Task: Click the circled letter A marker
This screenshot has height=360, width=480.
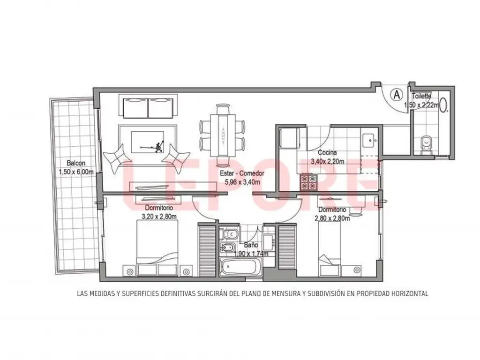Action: (x=397, y=95)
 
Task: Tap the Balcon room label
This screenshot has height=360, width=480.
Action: (x=76, y=163)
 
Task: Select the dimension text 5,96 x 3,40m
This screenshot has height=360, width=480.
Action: (x=242, y=182)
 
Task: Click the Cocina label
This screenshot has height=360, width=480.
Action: (x=327, y=152)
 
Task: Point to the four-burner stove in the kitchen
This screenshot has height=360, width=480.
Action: (x=308, y=182)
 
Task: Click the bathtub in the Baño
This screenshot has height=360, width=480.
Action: (x=240, y=267)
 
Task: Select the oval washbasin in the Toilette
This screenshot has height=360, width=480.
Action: (x=444, y=104)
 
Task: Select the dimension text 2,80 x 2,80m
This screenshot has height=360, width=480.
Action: (x=332, y=218)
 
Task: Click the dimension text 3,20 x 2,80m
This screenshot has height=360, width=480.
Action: (x=159, y=217)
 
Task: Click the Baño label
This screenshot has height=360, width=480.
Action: (x=251, y=245)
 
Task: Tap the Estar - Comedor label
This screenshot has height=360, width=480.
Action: (x=242, y=173)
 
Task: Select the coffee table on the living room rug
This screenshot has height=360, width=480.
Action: (x=148, y=142)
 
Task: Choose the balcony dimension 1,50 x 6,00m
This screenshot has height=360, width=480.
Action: (x=76, y=172)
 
